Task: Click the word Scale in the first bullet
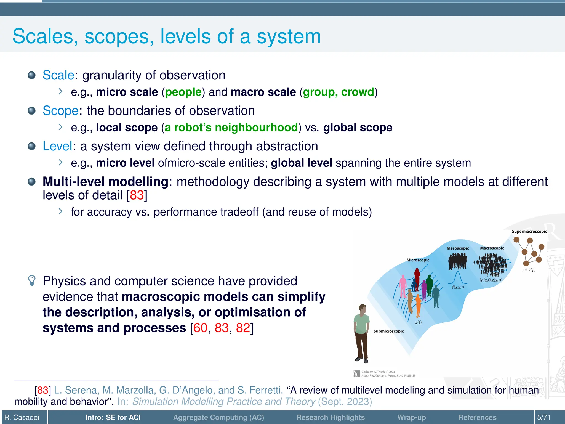[58, 75]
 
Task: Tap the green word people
[183, 92]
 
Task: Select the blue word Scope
[61, 111]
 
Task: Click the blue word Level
[57, 146]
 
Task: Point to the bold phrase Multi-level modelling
[105, 182]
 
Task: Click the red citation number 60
[200, 328]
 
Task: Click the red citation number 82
[243, 328]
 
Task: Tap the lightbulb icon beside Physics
[32, 281]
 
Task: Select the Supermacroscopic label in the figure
[529, 232]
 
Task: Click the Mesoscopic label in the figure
[458, 248]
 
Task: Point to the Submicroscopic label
[388, 331]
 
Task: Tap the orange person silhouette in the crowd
[418, 305]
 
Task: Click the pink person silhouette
[403, 286]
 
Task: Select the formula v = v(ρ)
[529, 270]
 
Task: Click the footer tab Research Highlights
[331, 417]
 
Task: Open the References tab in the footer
[477, 417]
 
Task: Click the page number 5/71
[544, 417]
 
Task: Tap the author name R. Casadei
[22, 417]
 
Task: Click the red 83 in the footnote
[43, 390]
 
